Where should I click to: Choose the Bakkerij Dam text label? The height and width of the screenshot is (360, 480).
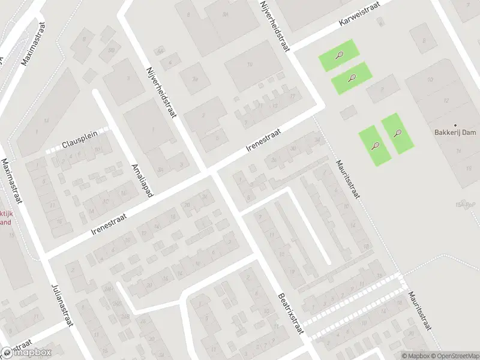[455, 133]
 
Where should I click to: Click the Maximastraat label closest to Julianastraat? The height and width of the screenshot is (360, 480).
[12, 180]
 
